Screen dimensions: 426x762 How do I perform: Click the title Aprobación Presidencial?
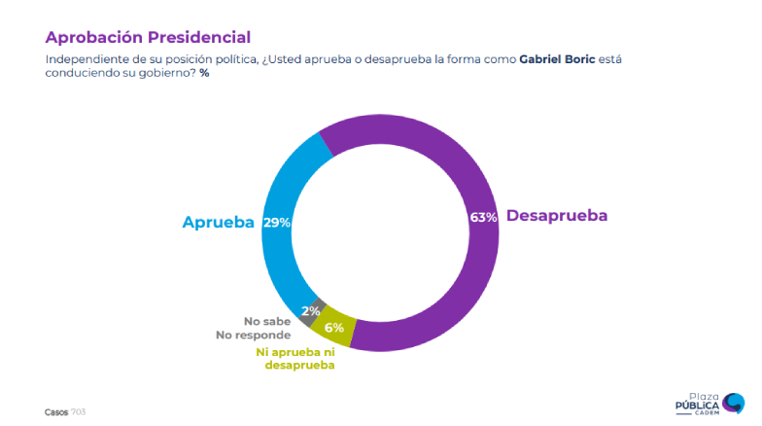tap(148, 37)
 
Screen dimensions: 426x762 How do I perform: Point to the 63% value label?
tap(483, 217)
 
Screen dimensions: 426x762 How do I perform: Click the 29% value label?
tap(277, 223)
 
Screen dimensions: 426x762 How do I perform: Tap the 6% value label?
tap(333, 328)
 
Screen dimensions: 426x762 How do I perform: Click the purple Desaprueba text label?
tap(557, 216)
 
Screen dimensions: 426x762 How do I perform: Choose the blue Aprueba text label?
tap(219, 222)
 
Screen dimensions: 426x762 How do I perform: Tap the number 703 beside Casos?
tap(79, 411)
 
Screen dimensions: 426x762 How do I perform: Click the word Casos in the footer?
tap(56, 411)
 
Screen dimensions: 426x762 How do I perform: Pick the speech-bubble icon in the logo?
tap(735, 401)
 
